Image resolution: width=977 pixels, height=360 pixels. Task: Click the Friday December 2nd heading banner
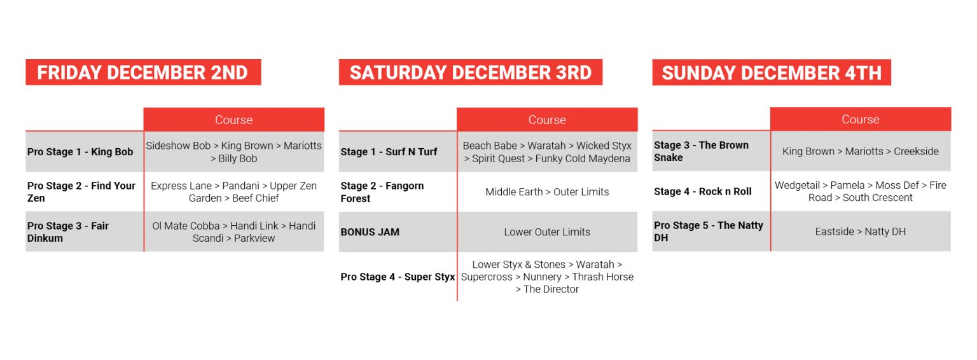pyautogui.click(x=143, y=73)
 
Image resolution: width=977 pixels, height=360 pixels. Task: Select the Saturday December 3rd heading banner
pyautogui.click(x=471, y=73)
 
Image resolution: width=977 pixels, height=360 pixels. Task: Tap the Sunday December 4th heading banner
pyautogui.click(x=772, y=73)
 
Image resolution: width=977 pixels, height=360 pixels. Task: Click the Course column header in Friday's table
pyautogui.click(x=234, y=120)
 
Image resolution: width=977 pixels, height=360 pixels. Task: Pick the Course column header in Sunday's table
pyautogui.click(x=861, y=119)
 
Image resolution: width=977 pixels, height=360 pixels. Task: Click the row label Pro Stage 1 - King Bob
pyautogui.click(x=80, y=152)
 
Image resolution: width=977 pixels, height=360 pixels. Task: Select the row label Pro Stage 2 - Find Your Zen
pyautogui.click(x=81, y=192)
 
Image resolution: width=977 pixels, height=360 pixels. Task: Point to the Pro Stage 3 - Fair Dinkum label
pyautogui.click(x=68, y=232)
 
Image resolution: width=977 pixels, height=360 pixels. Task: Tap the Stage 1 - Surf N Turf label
pyautogui.click(x=389, y=152)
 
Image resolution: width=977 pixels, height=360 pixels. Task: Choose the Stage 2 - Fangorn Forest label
pyautogui.click(x=382, y=192)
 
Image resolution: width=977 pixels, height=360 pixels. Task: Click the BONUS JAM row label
pyautogui.click(x=370, y=232)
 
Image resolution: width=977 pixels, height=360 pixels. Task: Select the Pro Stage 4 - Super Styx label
pyautogui.click(x=398, y=277)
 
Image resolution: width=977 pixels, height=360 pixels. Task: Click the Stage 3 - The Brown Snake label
pyautogui.click(x=702, y=151)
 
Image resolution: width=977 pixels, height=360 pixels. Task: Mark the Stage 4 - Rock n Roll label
pyautogui.click(x=703, y=191)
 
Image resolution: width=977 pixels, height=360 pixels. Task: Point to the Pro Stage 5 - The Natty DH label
pyautogui.click(x=709, y=232)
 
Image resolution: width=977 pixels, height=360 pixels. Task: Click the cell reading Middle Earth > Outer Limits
pyautogui.click(x=547, y=192)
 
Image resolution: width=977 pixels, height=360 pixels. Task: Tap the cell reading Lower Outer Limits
pyautogui.click(x=547, y=232)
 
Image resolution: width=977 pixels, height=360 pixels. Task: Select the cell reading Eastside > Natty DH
pyautogui.click(x=861, y=232)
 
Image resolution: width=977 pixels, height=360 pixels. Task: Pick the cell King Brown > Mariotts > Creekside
pyautogui.click(x=861, y=151)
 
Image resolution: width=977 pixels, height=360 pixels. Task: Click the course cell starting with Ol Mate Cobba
pyautogui.click(x=234, y=232)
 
